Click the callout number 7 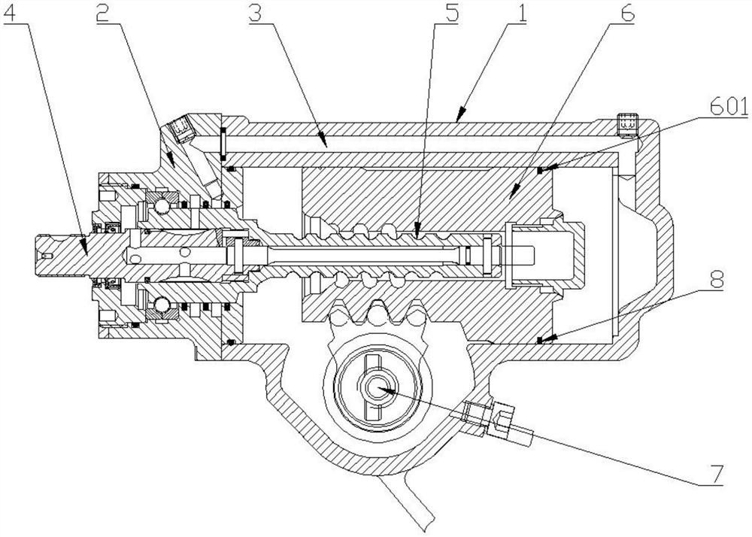(x=716, y=474)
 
